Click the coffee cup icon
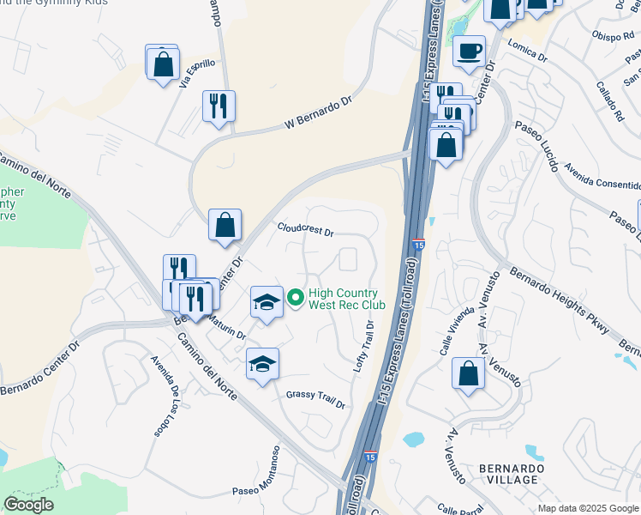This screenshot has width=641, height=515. click(x=469, y=51)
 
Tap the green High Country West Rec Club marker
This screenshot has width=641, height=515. click(x=296, y=298)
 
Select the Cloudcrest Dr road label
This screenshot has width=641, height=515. click(x=304, y=230)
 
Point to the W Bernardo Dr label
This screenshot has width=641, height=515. click(x=318, y=113)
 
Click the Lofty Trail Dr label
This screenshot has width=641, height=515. click(x=365, y=347)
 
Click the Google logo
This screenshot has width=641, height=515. click(x=28, y=505)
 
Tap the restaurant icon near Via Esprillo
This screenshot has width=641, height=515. click(x=219, y=106)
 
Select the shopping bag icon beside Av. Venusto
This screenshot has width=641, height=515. click(x=467, y=373)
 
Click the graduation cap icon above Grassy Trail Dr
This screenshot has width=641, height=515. click(x=263, y=363)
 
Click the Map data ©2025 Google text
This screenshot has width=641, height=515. click(x=589, y=508)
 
